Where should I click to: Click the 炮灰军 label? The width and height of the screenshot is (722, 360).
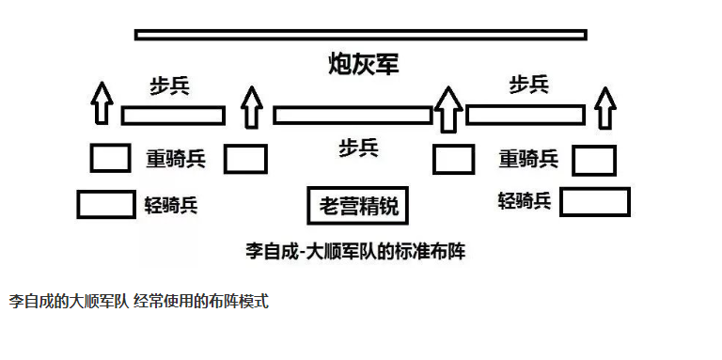click(363, 64)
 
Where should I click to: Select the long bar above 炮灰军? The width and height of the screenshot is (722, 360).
click(361, 35)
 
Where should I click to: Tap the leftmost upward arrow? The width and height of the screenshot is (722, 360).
click(102, 103)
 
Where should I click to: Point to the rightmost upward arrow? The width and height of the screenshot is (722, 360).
click(605, 109)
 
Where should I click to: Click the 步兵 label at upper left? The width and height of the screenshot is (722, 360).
click(169, 86)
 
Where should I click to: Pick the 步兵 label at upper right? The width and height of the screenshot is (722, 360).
click(529, 85)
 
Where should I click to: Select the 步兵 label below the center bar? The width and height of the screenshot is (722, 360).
click(359, 149)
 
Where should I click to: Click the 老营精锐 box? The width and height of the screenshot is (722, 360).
click(358, 205)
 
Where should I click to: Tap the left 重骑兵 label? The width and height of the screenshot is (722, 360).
click(176, 159)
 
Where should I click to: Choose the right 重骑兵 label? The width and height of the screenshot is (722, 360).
click(528, 159)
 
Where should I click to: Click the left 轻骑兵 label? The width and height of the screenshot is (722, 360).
click(171, 204)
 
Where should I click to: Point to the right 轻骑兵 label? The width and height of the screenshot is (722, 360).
click(525, 201)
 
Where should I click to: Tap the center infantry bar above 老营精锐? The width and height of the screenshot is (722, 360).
click(353, 115)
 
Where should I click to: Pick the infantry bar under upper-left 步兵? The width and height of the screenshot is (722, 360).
click(173, 115)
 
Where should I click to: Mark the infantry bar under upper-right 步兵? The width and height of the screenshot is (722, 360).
click(526, 115)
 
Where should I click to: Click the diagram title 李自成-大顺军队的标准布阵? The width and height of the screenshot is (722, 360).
click(355, 252)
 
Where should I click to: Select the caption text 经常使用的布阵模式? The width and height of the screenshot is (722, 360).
click(202, 302)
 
